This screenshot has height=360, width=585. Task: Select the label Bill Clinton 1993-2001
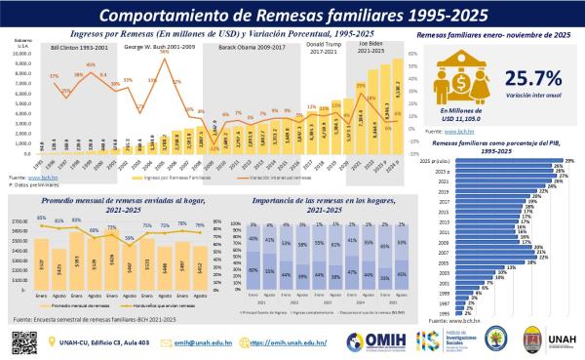pos(77,47)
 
